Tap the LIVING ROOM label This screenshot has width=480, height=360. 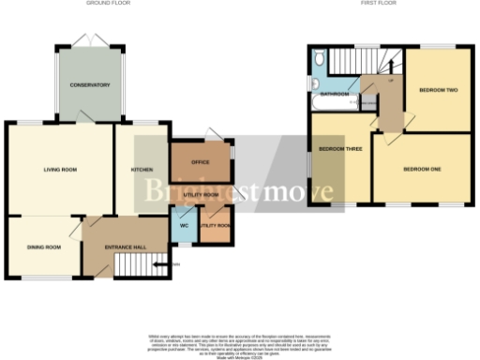[59, 170]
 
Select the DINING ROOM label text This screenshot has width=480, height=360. [43, 247]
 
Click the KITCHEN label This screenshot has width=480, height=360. [142, 170]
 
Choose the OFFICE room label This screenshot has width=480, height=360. [200, 161]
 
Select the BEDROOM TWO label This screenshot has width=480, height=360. [437, 90]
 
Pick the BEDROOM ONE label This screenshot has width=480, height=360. [421, 169]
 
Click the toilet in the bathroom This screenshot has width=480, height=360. [320, 60]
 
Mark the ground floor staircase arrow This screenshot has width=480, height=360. [172, 265]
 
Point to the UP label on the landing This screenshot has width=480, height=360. [390, 80]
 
